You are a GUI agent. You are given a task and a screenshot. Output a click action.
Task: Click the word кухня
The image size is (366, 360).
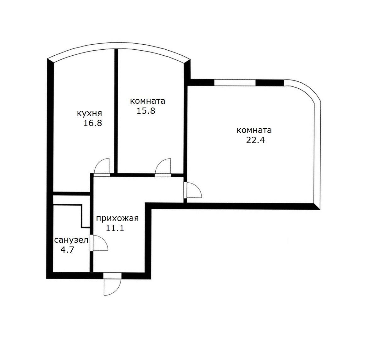[x=89, y=113]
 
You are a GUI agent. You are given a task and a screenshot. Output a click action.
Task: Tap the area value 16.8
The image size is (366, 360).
[x=92, y=123]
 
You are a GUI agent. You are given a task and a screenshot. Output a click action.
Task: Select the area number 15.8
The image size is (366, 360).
[x=146, y=111]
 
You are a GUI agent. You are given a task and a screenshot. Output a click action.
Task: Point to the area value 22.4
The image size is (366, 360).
[x=255, y=140]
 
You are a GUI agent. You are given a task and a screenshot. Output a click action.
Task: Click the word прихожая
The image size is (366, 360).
[x=117, y=218]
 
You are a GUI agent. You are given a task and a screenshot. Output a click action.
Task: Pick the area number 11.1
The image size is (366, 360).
[x=115, y=228]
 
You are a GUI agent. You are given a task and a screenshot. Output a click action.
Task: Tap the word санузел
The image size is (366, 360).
[x=71, y=241]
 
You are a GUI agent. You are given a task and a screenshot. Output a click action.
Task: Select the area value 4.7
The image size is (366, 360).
[x=67, y=250]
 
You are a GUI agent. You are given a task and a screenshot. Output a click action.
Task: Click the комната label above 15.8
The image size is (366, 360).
[x=147, y=101]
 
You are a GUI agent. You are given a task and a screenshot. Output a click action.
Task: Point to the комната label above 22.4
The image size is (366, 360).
[x=254, y=130]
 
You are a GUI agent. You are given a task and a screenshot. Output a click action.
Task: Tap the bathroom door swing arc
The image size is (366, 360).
[x=101, y=243]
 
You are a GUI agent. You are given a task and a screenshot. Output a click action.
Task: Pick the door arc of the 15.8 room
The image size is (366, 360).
[x=164, y=166]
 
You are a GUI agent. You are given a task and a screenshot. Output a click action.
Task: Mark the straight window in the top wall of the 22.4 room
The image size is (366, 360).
[x=235, y=83]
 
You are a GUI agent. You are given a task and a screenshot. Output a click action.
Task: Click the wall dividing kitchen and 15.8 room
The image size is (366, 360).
[x=116, y=110]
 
